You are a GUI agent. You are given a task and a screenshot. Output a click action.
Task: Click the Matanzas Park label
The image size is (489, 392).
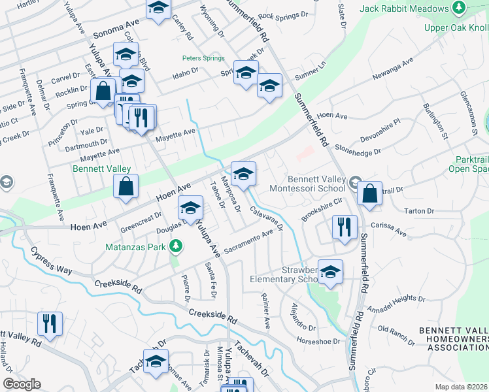point(135,248)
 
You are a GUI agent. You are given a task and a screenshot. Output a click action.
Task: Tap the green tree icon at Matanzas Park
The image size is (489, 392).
point(175,246)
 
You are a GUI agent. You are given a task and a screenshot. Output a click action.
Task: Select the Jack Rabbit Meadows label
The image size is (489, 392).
point(405,8)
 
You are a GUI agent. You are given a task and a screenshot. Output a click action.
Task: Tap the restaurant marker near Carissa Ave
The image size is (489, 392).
point(345,227)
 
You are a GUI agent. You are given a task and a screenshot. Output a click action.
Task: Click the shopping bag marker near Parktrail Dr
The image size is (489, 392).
point(370,193)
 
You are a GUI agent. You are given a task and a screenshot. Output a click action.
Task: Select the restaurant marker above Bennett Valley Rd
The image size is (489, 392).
point(50,323)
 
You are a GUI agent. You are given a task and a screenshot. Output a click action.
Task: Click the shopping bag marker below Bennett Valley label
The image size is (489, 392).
point(126,187)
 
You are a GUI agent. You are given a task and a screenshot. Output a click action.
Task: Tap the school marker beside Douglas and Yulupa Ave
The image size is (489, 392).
point(190,208)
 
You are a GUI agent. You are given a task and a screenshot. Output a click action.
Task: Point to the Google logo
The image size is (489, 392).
point(22,384)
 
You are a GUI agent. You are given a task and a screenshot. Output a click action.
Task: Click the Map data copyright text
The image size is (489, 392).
point(462,387)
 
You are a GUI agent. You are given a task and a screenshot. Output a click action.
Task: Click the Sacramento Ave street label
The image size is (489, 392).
point(248,242)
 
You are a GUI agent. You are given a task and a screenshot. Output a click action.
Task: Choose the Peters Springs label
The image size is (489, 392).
point(203,58)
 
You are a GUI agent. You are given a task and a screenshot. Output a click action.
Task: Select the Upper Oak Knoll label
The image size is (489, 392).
point(456,27)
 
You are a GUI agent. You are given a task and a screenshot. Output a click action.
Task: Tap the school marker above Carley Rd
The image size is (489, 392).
point(158,9)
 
